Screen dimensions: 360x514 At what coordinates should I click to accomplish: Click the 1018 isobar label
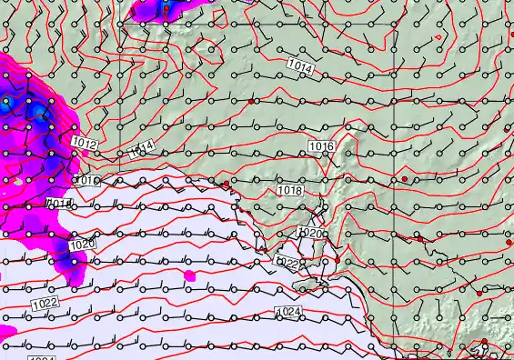[x=289, y=191]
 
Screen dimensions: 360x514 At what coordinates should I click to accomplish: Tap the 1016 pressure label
[x=320, y=147]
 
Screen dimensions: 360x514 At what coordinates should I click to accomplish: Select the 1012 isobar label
[x=85, y=144]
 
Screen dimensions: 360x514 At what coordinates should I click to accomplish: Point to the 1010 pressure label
[x=86, y=181]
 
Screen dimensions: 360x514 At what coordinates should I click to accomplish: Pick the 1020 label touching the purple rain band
[x=81, y=244]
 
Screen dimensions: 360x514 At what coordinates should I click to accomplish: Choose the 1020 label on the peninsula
[x=310, y=234]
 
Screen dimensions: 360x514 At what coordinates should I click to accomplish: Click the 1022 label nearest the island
[x=287, y=264]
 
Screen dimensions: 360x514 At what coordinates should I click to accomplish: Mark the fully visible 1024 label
[x=288, y=313]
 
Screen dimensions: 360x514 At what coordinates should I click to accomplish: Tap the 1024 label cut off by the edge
[x=41, y=357]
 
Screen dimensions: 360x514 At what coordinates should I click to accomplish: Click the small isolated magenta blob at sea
[x=189, y=274]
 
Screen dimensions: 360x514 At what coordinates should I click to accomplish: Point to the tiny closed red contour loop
[x=438, y=36]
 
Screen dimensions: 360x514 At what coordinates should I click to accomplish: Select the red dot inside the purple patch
[x=166, y=8]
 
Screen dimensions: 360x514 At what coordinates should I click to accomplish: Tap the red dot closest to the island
[x=337, y=261]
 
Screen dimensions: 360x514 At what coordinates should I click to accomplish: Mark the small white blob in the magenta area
[x=17, y=184]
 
